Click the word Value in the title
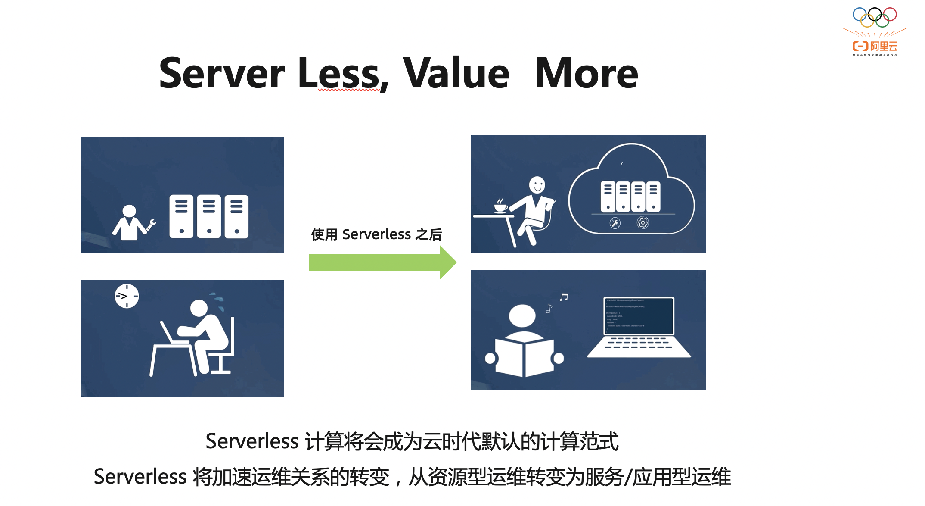coord(456,74)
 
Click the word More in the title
coord(586,74)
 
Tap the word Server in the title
coord(221,74)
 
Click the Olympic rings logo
coord(875,17)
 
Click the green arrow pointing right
coord(382,262)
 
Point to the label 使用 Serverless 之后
coord(376,234)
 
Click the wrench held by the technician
coord(151,225)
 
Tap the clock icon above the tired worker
coord(127,296)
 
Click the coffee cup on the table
coord(500,207)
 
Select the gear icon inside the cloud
coord(643,223)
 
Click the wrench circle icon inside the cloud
coord(615,223)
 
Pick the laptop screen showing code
coord(639,315)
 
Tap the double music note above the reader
coord(564,297)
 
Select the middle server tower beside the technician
coord(209,216)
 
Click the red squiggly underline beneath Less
coord(349,90)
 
